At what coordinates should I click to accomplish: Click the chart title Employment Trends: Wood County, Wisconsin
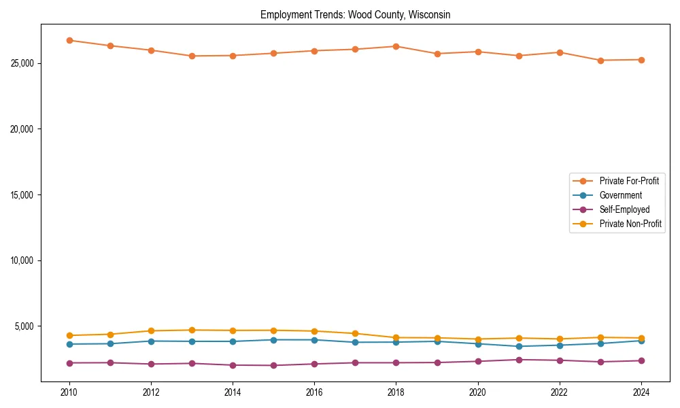coord(355,14)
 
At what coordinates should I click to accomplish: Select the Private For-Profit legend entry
coord(629,181)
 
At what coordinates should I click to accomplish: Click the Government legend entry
coord(620,195)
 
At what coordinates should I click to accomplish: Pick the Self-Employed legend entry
coord(624,209)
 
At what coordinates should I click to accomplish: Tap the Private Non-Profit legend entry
coord(630,224)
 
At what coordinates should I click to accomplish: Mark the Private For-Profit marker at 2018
coord(396,46)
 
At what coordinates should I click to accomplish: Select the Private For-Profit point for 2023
coord(600,61)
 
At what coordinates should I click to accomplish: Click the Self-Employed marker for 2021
coord(519,360)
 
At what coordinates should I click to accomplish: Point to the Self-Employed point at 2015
coord(273,365)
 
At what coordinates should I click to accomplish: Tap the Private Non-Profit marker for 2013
coord(192,330)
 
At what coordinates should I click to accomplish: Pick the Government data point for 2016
coord(314,340)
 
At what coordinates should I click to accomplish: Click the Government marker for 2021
coord(519,346)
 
